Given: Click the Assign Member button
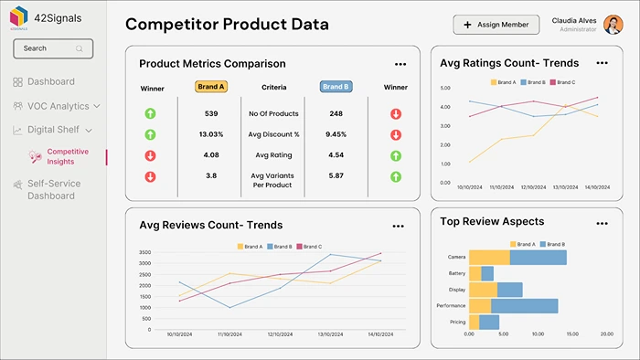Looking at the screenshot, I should (496, 25).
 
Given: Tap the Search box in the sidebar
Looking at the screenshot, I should (53, 48).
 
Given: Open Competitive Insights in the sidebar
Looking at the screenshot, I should (68, 156).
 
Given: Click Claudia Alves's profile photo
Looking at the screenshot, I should (613, 25).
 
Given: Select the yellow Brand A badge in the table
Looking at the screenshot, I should (211, 87).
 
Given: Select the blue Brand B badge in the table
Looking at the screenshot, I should (336, 87).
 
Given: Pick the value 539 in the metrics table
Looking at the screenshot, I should (211, 113).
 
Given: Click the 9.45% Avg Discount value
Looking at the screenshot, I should (336, 134).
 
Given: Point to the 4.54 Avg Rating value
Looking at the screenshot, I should (336, 154).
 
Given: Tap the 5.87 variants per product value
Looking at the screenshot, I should (336, 175).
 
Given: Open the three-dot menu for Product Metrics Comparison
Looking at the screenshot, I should (400, 64).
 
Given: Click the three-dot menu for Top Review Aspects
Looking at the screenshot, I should (601, 223).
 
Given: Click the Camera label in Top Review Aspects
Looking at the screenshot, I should (456, 258).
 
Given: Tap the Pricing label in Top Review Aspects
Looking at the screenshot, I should (457, 323).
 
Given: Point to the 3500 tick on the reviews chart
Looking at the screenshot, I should (144, 252).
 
